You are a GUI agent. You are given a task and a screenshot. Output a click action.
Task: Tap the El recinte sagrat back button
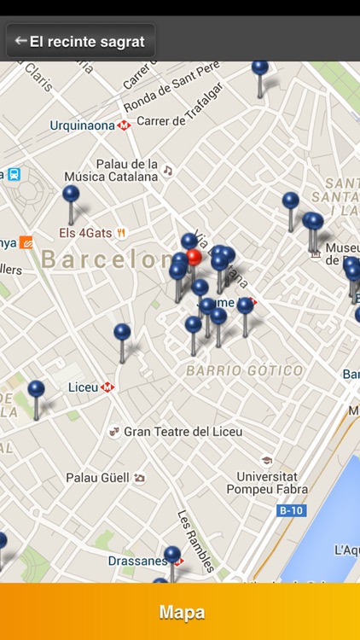tap(80, 41)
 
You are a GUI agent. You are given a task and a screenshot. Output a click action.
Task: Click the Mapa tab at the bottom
tap(181, 612)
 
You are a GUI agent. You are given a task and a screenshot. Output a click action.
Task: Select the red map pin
tap(194, 257)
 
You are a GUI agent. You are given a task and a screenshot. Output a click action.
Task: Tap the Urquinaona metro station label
tap(82, 125)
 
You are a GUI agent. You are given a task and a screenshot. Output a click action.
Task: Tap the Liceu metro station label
tap(83, 387)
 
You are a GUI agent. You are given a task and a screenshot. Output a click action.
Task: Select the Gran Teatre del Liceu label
tap(183, 432)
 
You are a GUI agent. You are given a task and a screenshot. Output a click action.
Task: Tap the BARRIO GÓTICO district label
tap(244, 371)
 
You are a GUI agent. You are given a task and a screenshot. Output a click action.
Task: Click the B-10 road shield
tap(291, 511)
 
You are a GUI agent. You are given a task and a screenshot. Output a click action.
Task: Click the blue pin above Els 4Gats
tap(71, 195)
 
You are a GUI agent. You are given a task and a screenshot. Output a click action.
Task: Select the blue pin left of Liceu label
tap(36, 390)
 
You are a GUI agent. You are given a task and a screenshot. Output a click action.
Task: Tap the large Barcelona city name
tap(107, 259)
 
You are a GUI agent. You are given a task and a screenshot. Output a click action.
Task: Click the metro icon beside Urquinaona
tap(125, 125)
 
